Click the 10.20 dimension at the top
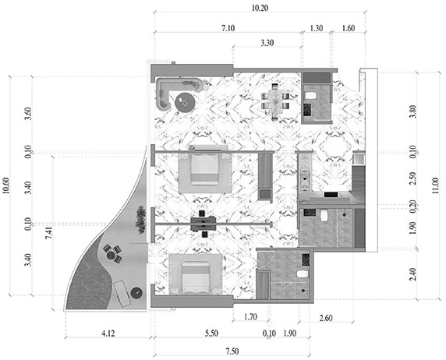coord(260,8)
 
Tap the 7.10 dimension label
coord(228,28)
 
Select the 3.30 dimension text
coord(267,43)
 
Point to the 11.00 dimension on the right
coord(435,185)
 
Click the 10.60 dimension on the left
coord(5,185)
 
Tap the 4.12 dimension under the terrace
coord(108,333)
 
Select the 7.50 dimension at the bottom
coord(232,351)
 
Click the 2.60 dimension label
coord(326,318)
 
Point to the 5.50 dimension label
coord(211,333)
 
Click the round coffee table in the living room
coord(185,102)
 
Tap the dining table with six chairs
coord(275,102)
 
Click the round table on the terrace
coord(111,255)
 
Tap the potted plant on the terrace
coord(140,220)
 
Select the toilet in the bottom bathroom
coord(303,274)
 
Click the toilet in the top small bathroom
coord(310,96)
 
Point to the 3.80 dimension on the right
coord(413,111)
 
